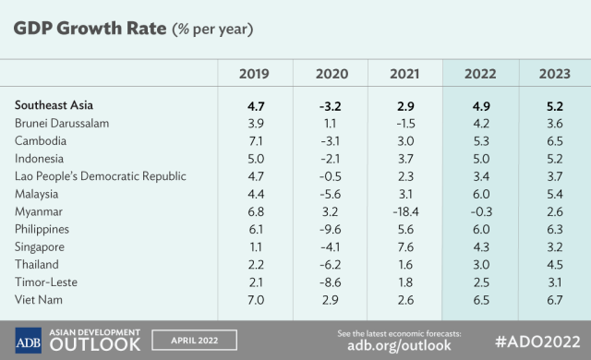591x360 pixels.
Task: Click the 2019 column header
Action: point(254,74)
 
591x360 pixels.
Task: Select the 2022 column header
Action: point(480,74)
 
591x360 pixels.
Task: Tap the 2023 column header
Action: point(555,74)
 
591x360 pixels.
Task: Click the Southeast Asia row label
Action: point(54,105)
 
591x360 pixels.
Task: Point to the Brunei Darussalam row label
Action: point(62,123)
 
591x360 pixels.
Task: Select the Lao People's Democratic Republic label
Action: point(101,176)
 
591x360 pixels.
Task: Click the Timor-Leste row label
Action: point(46,282)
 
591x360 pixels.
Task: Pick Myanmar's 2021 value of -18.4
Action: point(405,211)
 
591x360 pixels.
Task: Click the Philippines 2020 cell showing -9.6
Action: point(331,229)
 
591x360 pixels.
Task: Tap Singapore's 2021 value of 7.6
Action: point(405,247)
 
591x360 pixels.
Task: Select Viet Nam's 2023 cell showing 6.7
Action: point(555,300)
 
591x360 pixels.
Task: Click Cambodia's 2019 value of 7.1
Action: point(256,141)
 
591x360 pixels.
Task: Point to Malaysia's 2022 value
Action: point(481,194)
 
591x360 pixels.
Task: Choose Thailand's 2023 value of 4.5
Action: point(555,265)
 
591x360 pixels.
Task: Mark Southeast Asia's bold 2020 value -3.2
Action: point(331,106)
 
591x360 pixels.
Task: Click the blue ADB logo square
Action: point(29,341)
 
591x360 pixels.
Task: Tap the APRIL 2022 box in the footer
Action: point(195,341)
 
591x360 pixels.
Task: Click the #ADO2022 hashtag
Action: point(537,342)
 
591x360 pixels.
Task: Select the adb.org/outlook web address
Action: point(399,345)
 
